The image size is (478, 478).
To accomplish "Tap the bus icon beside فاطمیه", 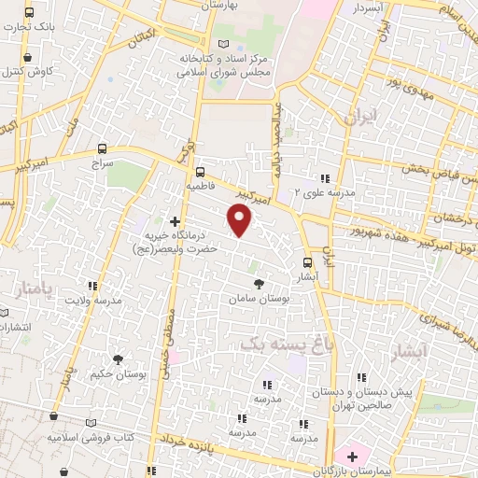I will tap(200, 171).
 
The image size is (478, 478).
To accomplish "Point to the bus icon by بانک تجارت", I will tap(29, 13).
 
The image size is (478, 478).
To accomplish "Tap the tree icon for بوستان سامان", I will tap(257, 283).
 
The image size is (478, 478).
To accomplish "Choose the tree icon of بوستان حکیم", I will tap(118, 358).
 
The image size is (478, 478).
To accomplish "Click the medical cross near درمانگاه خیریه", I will tap(175, 220).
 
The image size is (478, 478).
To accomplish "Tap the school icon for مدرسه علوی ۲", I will tap(325, 178).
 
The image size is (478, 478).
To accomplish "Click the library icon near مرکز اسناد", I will tap(222, 44).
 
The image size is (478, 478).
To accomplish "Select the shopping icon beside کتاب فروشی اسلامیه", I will tap(54, 416).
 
